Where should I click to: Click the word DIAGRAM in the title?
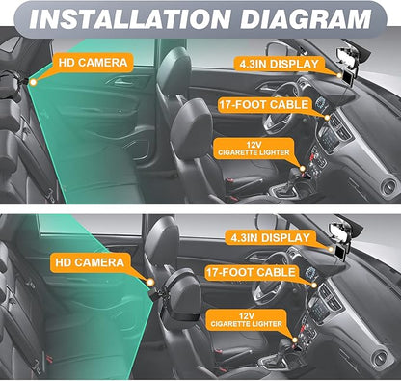[x=306, y=19]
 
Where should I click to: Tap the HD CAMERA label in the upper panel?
[x=93, y=63]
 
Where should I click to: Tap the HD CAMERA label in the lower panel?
[x=90, y=262]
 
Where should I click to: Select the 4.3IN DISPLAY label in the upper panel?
[x=279, y=64]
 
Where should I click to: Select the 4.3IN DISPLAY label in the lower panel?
[x=270, y=238]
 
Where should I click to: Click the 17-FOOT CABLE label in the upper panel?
[x=264, y=105]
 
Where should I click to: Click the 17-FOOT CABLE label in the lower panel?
[x=251, y=273]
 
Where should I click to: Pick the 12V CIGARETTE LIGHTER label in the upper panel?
[x=254, y=149]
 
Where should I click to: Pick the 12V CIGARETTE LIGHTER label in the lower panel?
[x=246, y=319]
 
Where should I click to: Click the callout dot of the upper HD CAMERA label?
[x=33, y=82]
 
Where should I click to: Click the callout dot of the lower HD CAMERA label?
[x=150, y=283]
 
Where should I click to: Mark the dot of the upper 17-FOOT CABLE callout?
[x=327, y=118]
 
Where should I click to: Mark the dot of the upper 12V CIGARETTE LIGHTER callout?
[x=302, y=169]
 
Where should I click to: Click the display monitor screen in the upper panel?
[x=347, y=78]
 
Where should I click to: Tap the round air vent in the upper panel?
[x=389, y=186]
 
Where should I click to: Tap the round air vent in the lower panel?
[x=381, y=357]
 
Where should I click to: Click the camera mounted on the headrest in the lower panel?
[x=157, y=293]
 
